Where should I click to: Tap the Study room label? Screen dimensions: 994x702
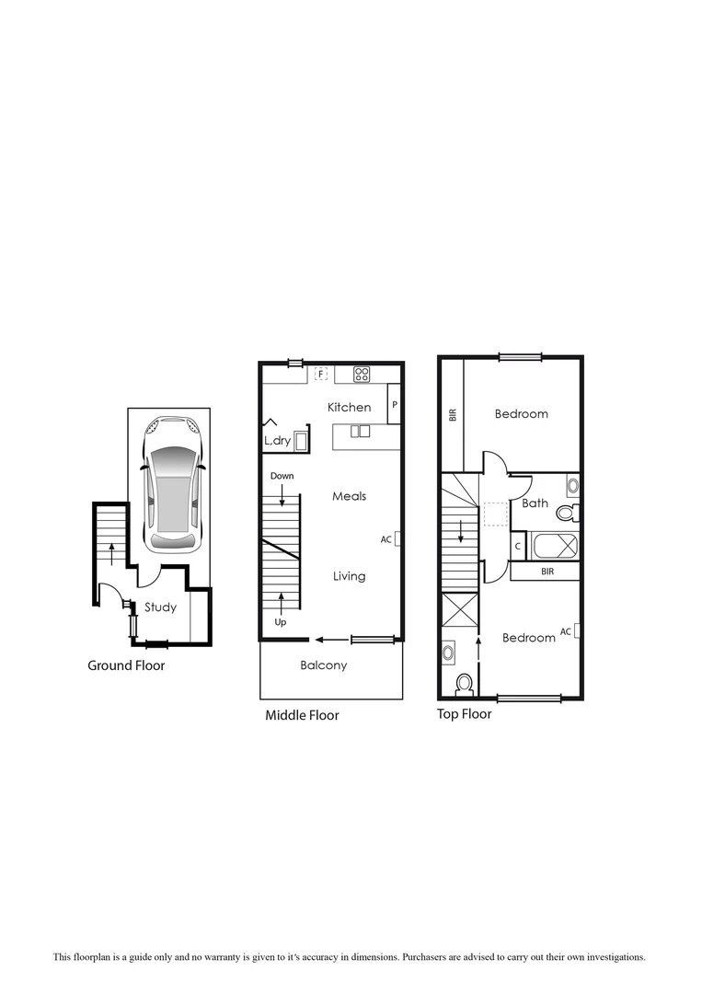[x=160, y=607]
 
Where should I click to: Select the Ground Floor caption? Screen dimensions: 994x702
[x=126, y=665]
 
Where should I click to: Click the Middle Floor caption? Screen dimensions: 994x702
[x=302, y=715]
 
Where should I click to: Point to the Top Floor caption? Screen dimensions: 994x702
[x=464, y=713]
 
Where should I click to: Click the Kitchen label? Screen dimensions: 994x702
[x=350, y=407]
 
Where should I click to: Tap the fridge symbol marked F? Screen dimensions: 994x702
[x=321, y=374]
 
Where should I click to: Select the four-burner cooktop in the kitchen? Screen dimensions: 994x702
[x=362, y=375]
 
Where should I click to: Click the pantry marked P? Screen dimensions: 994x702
[x=394, y=404]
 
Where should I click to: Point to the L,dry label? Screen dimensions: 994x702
[x=278, y=442]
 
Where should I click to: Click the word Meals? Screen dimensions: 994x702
[x=350, y=496]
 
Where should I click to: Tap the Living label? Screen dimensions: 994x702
[x=349, y=576]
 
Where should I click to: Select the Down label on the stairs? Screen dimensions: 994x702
[x=282, y=476]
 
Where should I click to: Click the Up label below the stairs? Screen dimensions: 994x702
[x=281, y=623]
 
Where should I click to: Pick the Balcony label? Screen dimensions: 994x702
[x=324, y=665]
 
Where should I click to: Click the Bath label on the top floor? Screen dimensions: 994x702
[x=535, y=503]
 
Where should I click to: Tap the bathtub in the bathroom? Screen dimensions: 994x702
[x=552, y=546]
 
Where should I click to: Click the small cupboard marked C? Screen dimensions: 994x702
[x=518, y=547]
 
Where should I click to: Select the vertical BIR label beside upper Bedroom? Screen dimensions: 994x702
[x=452, y=414]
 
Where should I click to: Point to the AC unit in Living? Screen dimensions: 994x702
[x=397, y=539]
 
